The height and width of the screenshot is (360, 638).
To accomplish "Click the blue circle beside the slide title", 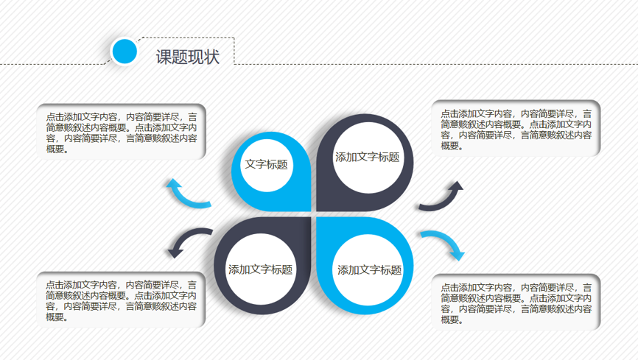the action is [125, 52].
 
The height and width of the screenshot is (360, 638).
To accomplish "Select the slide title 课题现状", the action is [188, 57].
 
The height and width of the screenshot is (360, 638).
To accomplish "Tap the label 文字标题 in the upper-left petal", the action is [266, 164].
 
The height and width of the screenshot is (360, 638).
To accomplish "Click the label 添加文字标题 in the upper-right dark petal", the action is [367, 157].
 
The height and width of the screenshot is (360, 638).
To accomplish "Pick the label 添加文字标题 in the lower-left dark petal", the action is [260, 269].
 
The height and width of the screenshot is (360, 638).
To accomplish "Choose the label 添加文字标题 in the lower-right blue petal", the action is [369, 269].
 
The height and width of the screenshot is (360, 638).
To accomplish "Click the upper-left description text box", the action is [122, 132].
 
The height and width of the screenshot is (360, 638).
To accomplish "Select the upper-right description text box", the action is [516, 128].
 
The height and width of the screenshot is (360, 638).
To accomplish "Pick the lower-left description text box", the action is [121, 300].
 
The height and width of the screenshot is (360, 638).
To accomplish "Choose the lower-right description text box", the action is [516, 302].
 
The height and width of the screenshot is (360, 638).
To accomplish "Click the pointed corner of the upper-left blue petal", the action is [310, 211].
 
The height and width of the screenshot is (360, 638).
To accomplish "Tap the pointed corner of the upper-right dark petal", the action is [318, 211].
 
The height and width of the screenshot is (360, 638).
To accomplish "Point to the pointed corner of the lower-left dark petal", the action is [310, 218].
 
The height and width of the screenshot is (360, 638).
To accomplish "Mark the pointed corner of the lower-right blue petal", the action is [318, 218].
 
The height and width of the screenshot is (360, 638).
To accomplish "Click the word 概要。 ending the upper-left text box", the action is [57, 149].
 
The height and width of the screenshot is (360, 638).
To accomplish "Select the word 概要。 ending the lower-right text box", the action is [452, 320].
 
